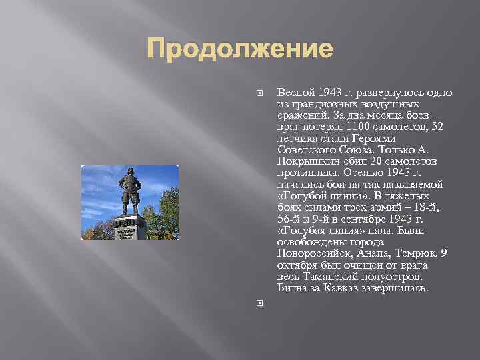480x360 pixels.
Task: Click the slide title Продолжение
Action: pos(239,49)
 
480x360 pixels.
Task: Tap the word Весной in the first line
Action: pos(292,91)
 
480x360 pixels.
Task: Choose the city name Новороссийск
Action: pos(309,254)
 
